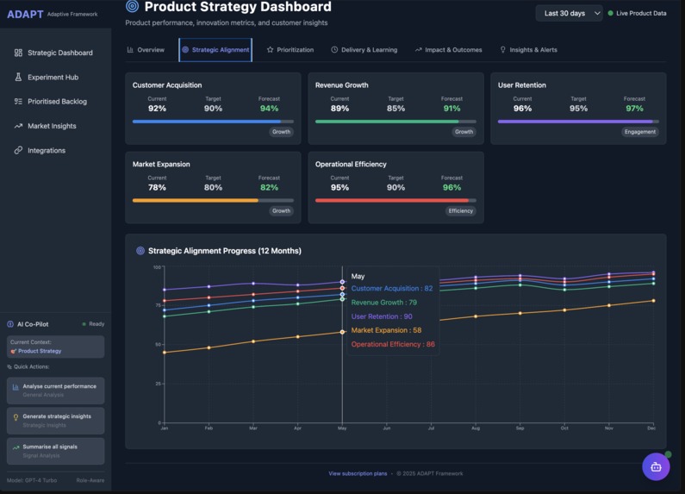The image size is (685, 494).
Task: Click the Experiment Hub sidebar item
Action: tap(52, 78)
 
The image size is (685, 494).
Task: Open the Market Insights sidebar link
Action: tap(51, 126)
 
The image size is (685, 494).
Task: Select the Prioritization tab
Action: tap(290, 50)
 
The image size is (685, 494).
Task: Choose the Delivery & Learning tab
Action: tap(364, 50)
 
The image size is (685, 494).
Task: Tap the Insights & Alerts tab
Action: tap(528, 50)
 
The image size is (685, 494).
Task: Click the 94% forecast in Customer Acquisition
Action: tap(269, 109)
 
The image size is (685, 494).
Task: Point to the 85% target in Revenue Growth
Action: tap(395, 109)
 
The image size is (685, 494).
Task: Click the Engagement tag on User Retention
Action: tap(639, 132)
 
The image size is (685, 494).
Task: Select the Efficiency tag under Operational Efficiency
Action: tap(460, 210)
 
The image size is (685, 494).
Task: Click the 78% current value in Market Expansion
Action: tap(157, 187)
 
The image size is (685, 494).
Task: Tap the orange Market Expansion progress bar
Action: tap(195, 200)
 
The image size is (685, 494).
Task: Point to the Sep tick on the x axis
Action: tap(520, 428)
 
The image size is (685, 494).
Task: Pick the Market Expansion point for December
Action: tap(653, 301)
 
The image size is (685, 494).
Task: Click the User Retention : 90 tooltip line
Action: tap(382, 316)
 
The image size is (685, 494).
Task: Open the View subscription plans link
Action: tap(358, 473)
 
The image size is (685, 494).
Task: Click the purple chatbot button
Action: tap(656, 466)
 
